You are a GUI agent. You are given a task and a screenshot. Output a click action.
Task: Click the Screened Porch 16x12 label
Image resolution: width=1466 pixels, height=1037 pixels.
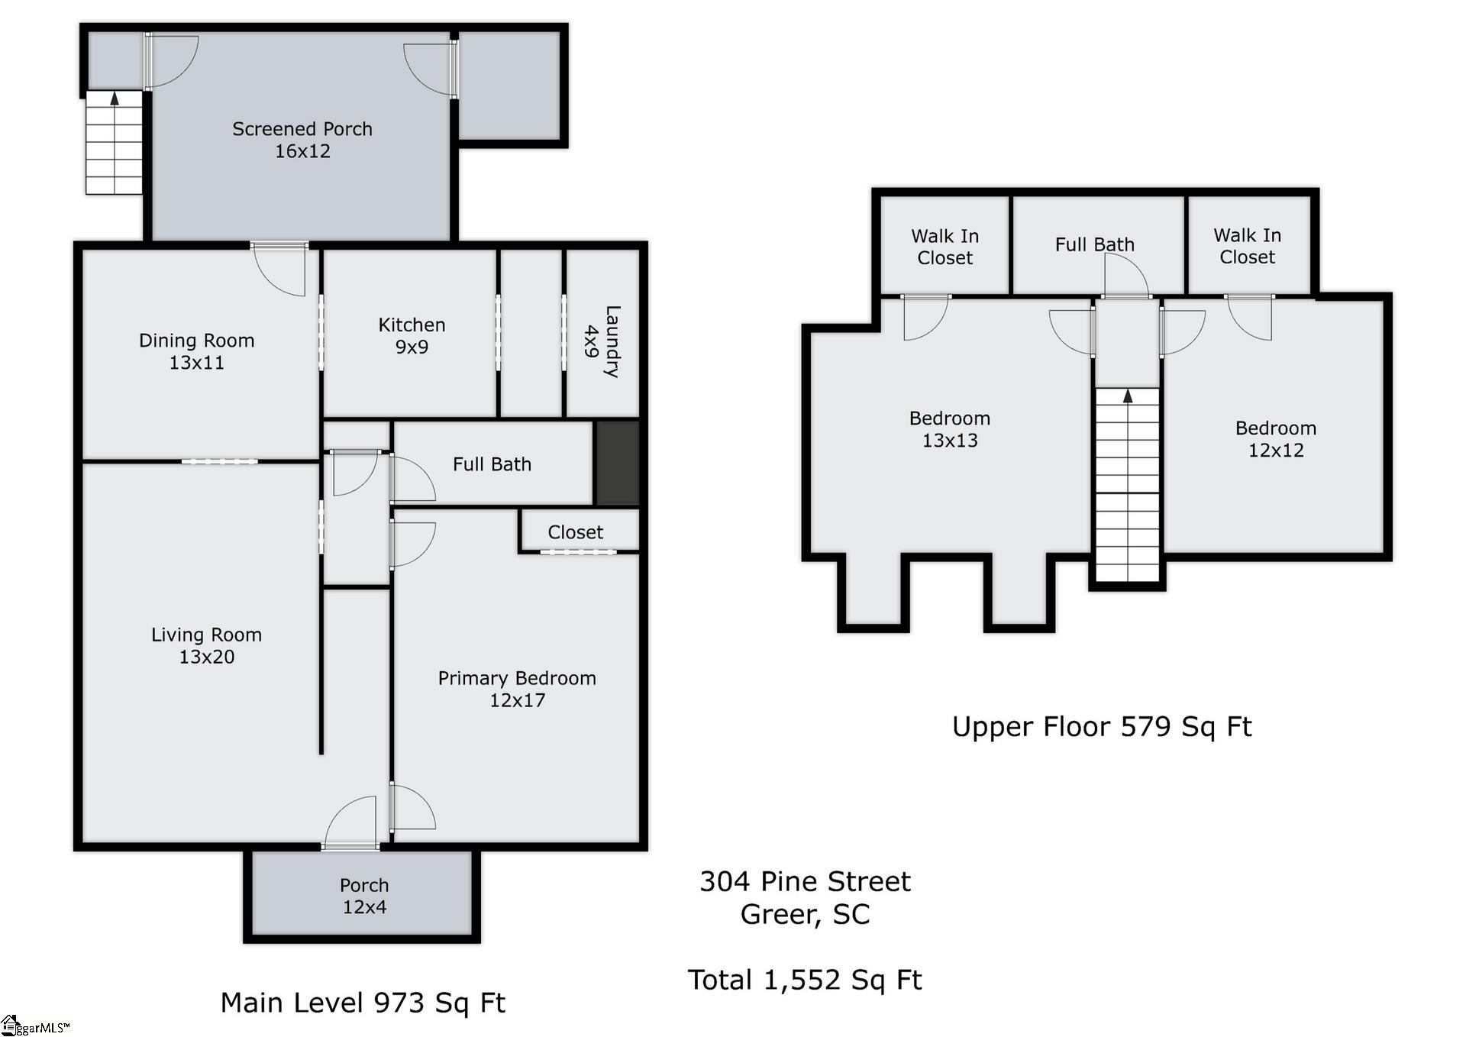click(x=302, y=140)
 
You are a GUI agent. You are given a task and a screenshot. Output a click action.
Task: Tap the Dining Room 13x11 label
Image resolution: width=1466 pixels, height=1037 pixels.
click(x=196, y=351)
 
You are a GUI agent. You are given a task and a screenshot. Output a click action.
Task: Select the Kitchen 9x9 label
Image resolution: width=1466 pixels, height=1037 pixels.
click(x=412, y=335)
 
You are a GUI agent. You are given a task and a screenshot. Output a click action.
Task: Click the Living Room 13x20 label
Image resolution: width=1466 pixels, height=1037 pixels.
click(x=206, y=645)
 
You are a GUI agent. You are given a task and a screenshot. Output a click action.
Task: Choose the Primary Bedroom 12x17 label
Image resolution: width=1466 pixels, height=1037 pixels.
click(x=517, y=689)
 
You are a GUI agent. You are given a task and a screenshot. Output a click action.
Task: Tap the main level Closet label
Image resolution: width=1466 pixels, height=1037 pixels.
click(x=575, y=532)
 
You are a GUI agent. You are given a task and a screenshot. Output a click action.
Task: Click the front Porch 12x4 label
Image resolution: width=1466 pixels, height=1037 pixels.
click(x=364, y=896)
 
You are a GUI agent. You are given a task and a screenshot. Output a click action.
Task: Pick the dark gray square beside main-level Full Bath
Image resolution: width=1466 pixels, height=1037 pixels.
click(x=617, y=463)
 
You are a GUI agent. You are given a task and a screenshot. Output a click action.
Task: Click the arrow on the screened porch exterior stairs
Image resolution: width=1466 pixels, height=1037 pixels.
click(x=115, y=98)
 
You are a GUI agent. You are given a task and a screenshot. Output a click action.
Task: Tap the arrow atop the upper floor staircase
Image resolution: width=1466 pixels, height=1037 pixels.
click(x=1128, y=395)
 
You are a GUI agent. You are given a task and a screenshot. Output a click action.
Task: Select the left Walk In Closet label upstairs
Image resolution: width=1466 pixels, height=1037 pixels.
click(x=945, y=247)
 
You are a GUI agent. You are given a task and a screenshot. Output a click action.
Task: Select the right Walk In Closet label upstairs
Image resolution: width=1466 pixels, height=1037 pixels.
click(x=1247, y=246)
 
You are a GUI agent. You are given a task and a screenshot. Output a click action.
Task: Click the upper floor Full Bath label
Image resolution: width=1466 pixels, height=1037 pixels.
click(x=1094, y=244)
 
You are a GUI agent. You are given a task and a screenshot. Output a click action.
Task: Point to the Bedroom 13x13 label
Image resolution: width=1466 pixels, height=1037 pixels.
click(x=949, y=429)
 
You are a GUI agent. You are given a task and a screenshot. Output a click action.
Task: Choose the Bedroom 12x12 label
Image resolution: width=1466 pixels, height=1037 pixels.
click(x=1275, y=439)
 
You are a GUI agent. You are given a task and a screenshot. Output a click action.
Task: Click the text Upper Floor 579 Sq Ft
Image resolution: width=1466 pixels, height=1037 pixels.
click(x=1101, y=726)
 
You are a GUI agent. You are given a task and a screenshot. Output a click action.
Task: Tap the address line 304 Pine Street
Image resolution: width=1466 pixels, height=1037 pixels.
click(x=805, y=881)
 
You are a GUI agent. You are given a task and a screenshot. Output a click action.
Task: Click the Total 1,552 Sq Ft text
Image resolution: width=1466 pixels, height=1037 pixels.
click(x=805, y=980)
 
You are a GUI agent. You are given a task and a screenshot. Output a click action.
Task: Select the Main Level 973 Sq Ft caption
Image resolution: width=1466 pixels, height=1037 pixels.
click(x=363, y=1003)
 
